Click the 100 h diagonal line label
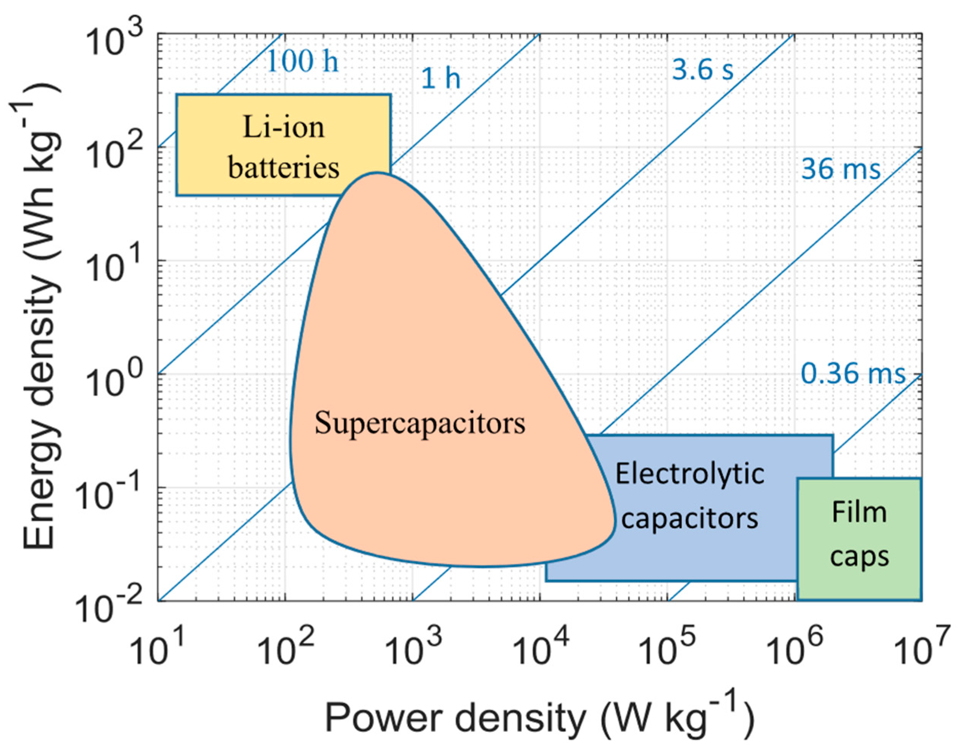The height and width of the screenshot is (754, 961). click(x=303, y=61)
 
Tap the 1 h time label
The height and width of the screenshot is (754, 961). click(x=441, y=79)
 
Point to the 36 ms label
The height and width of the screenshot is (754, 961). click(x=840, y=169)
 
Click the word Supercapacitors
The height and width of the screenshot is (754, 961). click(x=420, y=423)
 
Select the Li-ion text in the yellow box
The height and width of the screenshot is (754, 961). click(x=283, y=127)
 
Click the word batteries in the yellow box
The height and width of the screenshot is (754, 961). click(x=283, y=168)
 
